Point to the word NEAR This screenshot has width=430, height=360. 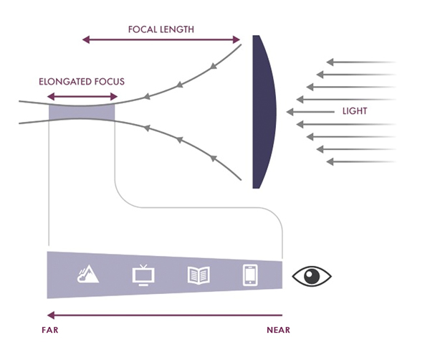pos(278,330)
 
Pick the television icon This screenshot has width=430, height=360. pos(143,275)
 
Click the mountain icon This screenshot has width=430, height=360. pos(89,275)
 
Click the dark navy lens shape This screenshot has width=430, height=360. pos(264,111)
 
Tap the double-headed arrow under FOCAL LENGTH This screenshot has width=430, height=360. pos(162,40)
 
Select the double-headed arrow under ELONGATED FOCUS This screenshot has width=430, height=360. pos(81,95)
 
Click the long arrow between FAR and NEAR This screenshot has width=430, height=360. pos(165,314)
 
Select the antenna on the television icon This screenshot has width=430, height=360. pos(143,266)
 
